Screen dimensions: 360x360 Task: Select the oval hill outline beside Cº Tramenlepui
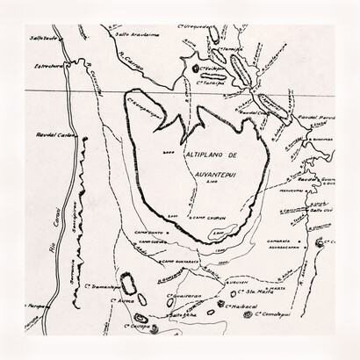coord(128,283)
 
